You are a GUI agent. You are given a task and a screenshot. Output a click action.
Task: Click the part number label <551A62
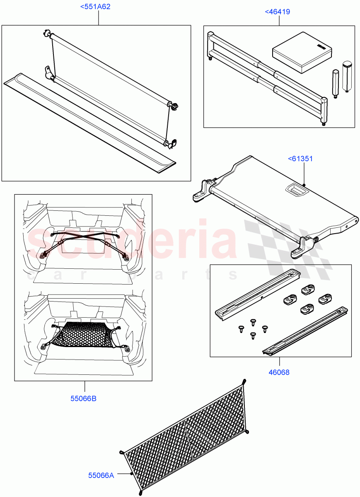[x=98, y=7]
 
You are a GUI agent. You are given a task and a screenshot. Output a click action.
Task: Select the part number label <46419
[x=277, y=12]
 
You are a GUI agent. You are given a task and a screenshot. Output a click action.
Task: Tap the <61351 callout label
[x=300, y=158]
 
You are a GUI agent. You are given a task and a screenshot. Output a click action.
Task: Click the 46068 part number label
[x=279, y=372]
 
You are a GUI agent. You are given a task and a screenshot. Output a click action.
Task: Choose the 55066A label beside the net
[x=101, y=475]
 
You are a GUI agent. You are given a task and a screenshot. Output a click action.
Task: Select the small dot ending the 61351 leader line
[x=304, y=185]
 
